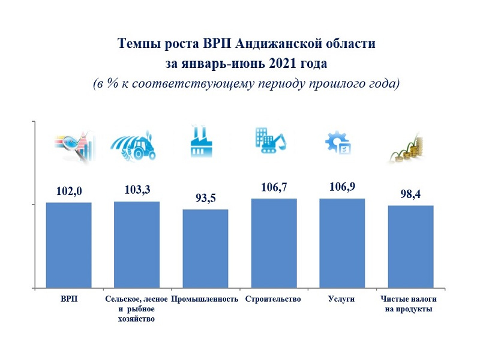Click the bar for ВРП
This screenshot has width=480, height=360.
(x=69, y=245)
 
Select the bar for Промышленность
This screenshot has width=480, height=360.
(x=206, y=249)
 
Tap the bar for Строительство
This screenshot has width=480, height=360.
(x=274, y=243)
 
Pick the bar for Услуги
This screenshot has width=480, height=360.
(x=342, y=243)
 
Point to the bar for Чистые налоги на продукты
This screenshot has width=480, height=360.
(x=410, y=247)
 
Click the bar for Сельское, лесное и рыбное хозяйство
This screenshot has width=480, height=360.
(x=137, y=245)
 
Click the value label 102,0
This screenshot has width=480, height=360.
(x=69, y=191)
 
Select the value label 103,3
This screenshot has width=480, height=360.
(x=137, y=190)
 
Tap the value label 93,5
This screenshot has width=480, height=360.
(x=206, y=198)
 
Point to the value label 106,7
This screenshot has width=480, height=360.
(x=274, y=188)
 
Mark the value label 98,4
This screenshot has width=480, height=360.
(x=411, y=194)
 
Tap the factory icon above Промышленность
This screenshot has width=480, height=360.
(x=202, y=142)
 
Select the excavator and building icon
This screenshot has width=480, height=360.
(x=271, y=141)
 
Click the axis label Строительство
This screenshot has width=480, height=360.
(x=273, y=299)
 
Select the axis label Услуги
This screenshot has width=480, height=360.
(x=342, y=299)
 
